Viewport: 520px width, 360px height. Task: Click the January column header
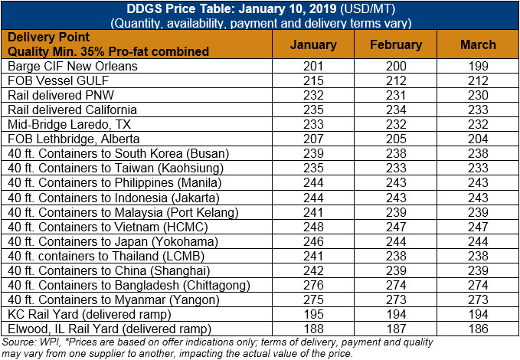(313, 44)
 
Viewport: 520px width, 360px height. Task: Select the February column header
(396, 44)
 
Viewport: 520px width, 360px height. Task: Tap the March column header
(478, 44)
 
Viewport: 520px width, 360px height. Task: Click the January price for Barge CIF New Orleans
(313, 66)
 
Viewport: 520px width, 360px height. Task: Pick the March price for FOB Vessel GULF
(478, 80)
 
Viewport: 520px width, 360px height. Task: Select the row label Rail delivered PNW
(61, 95)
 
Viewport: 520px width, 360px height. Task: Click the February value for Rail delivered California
(396, 110)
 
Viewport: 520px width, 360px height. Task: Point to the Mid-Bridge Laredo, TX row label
(70, 124)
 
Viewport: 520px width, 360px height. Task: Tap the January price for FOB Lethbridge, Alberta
(313, 139)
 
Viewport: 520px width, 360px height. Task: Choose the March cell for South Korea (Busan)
(478, 154)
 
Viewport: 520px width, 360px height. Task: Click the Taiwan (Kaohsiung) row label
(116, 169)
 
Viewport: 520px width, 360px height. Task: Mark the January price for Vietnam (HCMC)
(313, 227)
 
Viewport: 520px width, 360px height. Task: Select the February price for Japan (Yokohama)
(396, 241)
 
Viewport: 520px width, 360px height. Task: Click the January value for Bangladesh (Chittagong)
(313, 286)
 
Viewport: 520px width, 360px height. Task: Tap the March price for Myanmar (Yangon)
(478, 300)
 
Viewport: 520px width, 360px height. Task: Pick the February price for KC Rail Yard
(396, 315)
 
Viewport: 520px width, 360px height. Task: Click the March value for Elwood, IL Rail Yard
(478, 329)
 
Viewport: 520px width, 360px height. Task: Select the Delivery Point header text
(48, 38)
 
